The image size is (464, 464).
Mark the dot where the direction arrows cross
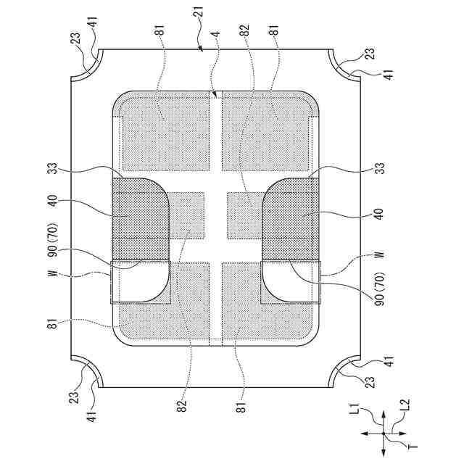coord(384,434)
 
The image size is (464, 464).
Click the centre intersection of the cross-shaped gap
coord(215,215)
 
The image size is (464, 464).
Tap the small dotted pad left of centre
coord(186,215)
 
